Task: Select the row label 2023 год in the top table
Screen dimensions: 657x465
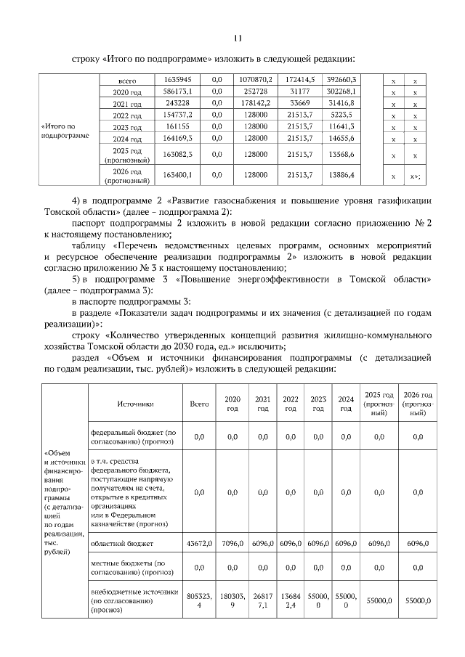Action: point(127,127)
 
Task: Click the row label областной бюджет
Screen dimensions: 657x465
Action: point(121,543)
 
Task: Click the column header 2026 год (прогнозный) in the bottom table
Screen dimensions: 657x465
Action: point(418,399)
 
